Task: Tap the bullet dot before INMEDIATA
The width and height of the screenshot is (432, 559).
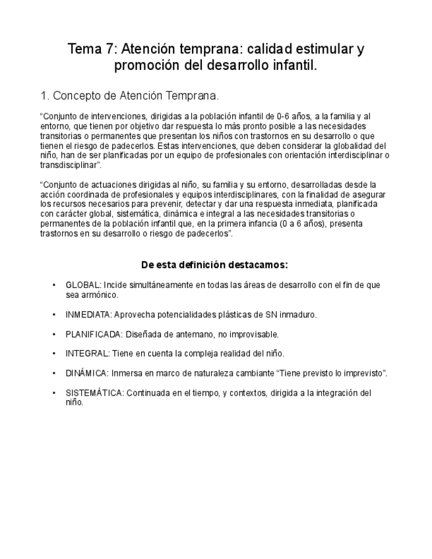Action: (54, 315)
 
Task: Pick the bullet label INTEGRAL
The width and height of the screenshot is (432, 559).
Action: (87, 354)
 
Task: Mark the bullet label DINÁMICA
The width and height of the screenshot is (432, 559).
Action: (87, 373)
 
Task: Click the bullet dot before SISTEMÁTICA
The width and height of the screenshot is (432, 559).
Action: (54, 393)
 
